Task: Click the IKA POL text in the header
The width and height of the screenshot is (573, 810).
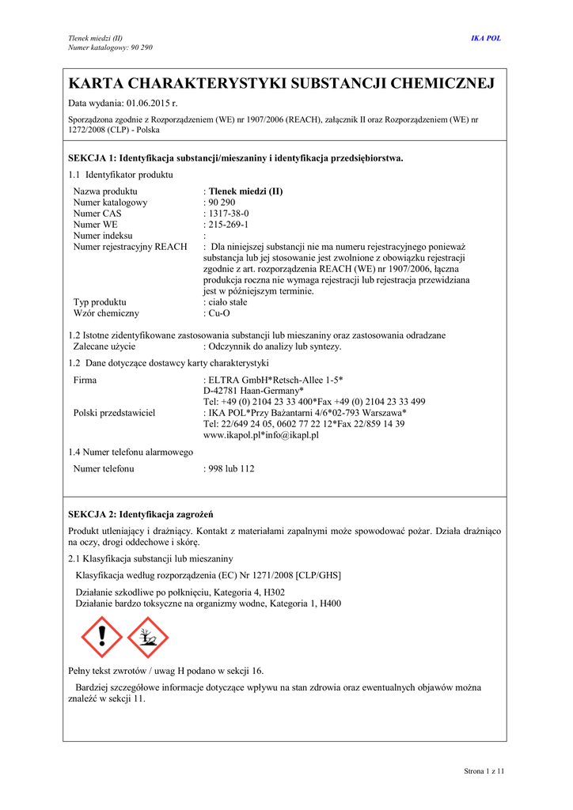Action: (x=486, y=38)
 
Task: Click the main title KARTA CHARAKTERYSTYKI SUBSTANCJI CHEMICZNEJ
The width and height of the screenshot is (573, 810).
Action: (x=282, y=84)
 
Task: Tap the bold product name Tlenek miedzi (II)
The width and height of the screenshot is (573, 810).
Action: (x=245, y=191)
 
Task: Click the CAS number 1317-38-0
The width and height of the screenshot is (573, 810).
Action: (x=228, y=214)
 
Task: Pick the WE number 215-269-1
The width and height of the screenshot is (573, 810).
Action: (x=228, y=225)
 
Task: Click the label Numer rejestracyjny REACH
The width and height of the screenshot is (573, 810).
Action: (x=130, y=247)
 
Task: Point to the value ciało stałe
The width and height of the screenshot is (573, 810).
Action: (x=228, y=302)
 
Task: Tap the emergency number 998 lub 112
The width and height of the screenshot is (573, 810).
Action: (x=231, y=469)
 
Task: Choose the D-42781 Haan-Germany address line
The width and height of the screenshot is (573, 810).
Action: (x=253, y=391)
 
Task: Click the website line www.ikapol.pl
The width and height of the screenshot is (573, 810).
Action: (x=261, y=435)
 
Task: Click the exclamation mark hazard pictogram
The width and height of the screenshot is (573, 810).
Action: (x=102, y=637)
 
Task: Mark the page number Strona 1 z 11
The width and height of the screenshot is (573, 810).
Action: (x=484, y=770)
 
